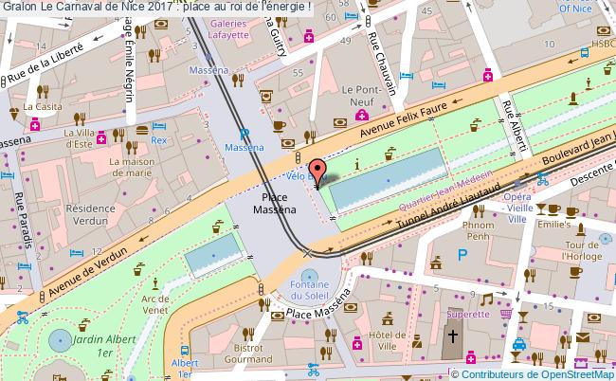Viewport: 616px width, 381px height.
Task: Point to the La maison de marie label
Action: (131, 167)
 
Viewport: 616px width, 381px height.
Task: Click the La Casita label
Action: (43, 107)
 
